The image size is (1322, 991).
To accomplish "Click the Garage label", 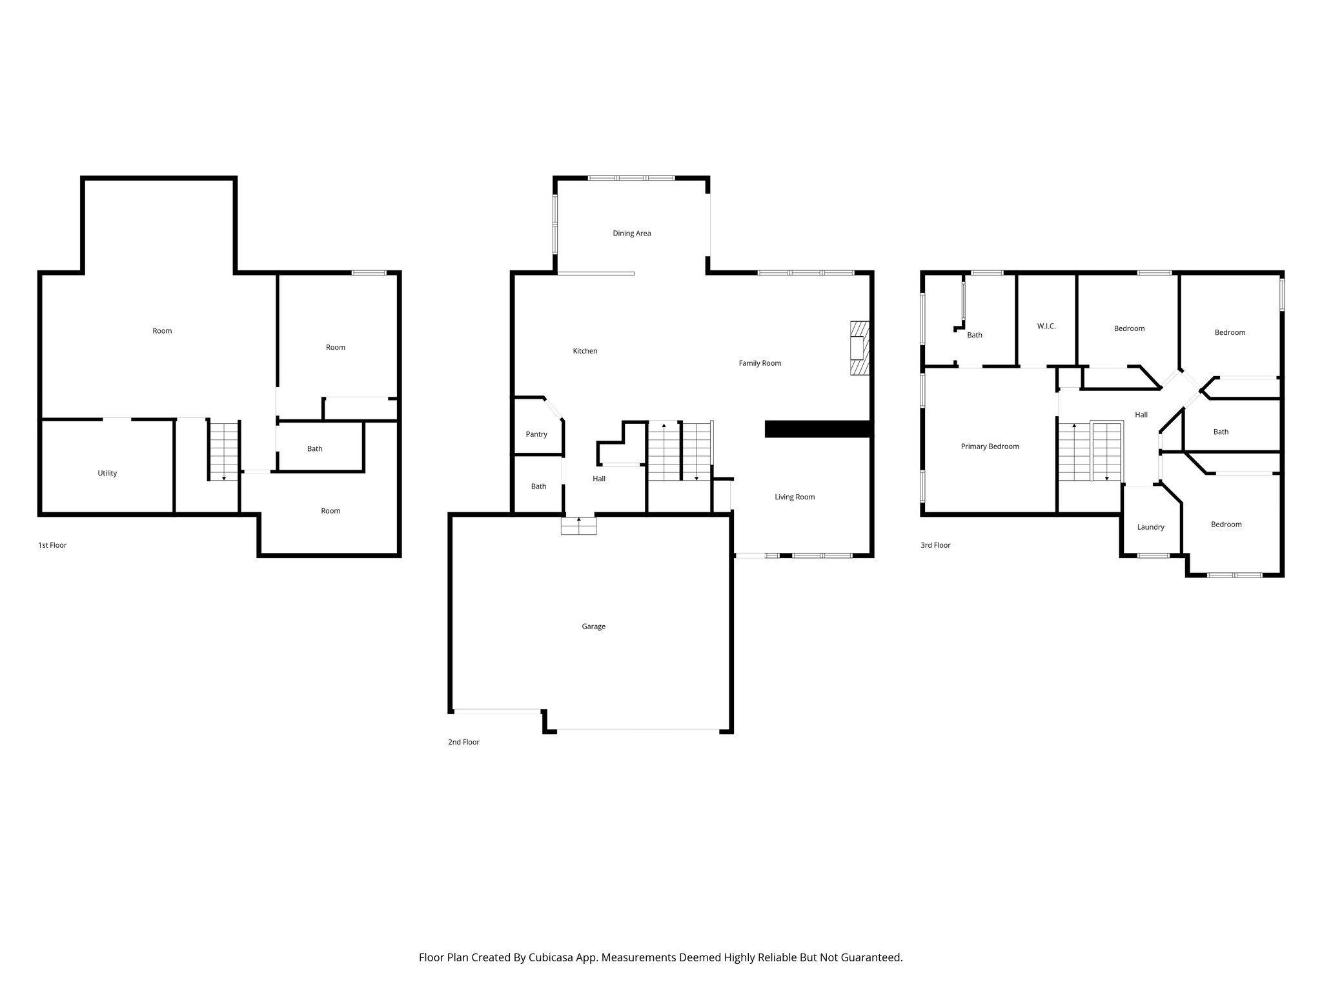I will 593,626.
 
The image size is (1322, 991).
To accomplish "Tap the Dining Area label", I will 631,234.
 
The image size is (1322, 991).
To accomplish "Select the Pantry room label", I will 536,434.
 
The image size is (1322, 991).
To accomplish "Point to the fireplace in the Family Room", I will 859,348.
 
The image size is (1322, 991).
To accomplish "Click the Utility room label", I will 107,474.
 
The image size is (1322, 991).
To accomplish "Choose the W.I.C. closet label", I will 1046,326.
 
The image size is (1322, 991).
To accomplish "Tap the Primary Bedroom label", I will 990,446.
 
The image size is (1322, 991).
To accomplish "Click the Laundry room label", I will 1150,527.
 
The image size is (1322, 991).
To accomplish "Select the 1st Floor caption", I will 52,545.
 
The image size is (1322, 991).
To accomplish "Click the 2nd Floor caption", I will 463,742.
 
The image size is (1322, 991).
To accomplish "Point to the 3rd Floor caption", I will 935,545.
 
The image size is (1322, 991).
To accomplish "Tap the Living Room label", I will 795,497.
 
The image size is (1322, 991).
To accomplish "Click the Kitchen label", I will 585,351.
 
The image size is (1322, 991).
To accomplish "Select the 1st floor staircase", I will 224,451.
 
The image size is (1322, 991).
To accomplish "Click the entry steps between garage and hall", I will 578,526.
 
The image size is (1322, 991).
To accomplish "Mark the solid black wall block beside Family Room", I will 817,430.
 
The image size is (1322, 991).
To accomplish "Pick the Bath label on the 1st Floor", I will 314,449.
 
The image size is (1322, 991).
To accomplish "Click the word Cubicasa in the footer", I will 551,957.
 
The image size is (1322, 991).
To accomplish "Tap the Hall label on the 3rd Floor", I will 1141,415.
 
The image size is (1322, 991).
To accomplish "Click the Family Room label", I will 760,363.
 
